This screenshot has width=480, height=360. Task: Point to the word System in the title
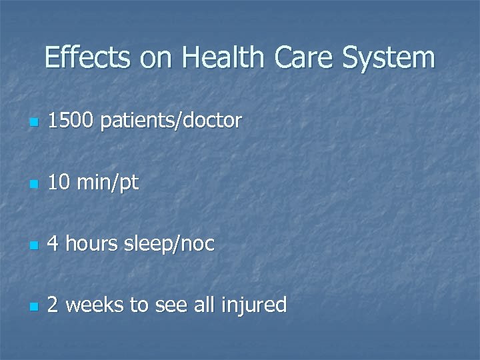[x=389, y=57]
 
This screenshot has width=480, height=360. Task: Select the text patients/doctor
[x=172, y=121]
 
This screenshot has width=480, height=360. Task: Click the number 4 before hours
[x=54, y=243]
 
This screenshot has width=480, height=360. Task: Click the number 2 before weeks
[x=54, y=305]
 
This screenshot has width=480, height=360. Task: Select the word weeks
[x=95, y=305]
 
